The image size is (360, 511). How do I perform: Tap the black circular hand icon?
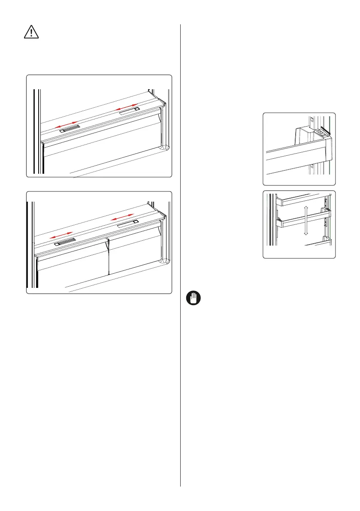pyautogui.click(x=193, y=298)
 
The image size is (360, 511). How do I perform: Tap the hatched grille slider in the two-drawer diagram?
pyautogui.click(x=65, y=242)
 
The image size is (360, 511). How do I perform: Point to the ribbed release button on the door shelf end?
pyautogui.click(x=319, y=133)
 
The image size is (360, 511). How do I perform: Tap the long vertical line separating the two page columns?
pyautogui.click(x=181, y=257)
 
